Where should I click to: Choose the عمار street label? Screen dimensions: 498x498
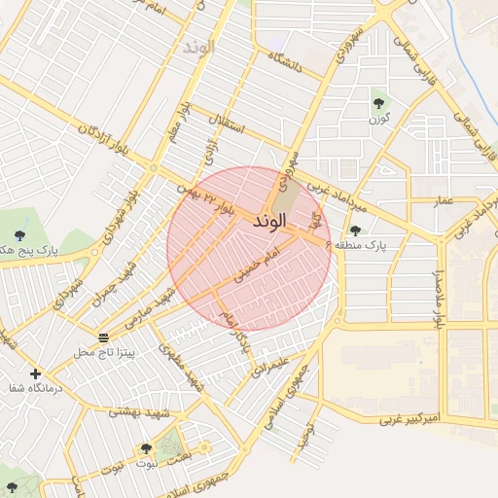pyautogui.click(x=445, y=199)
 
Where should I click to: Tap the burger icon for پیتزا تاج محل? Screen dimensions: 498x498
pyautogui.click(x=104, y=338)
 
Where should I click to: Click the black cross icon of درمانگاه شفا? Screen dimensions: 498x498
pyautogui.click(x=36, y=373)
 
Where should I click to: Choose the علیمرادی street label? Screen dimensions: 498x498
pyautogui.click(x=269, y=365)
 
